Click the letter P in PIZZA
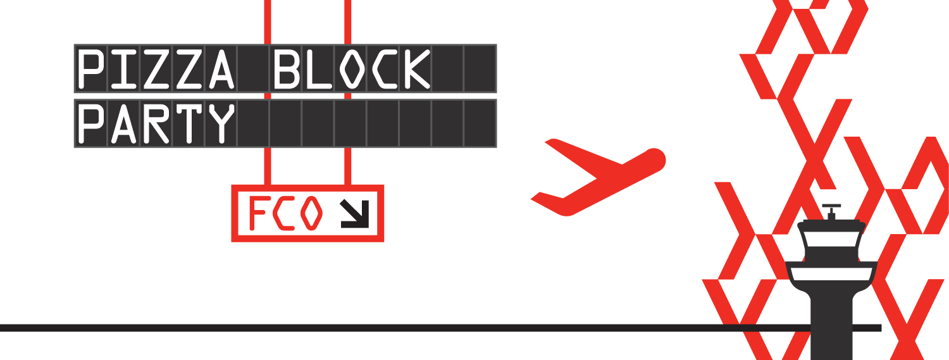click(90, 69)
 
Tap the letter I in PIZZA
click(123, 69)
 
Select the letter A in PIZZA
click(221, 69)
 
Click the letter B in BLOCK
click(286, 69)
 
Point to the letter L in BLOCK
click(319, 69)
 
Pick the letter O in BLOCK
click(351, 69)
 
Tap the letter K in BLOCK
click(416, 69)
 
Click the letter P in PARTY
click(90, 123)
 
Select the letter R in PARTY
click(156, 123)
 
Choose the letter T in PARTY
click(188, 123)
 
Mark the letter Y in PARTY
click(221, 123)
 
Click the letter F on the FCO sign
click(258, 213)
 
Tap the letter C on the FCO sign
click(283, 213)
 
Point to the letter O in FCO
click(311, 213)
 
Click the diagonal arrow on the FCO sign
click(354, 213)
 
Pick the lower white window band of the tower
click(831, 274)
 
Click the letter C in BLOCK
click(383, 69)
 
